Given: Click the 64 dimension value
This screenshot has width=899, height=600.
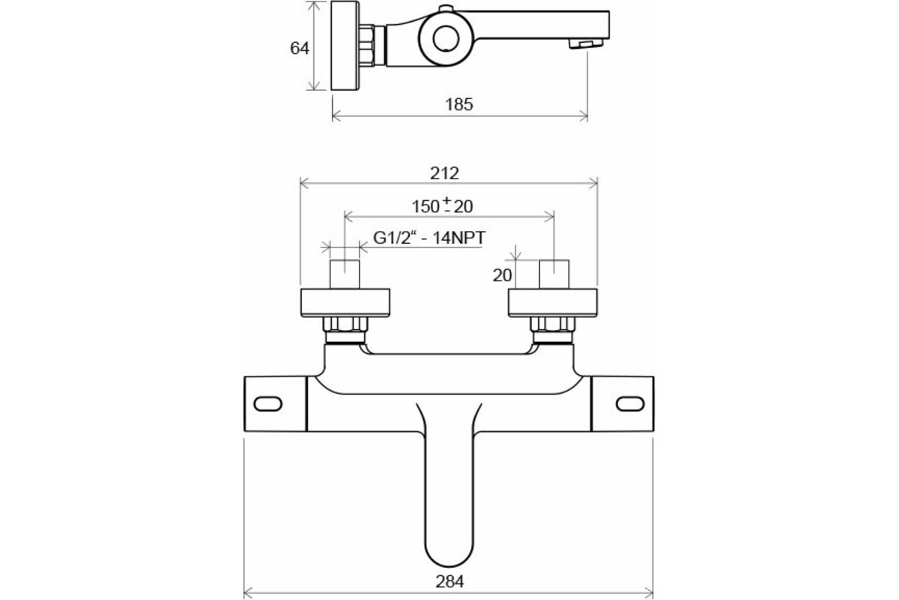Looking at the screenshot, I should tap(300, 48).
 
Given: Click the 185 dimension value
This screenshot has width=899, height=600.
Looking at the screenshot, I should tap(459, 104).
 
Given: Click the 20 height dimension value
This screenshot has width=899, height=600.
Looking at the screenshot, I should tap(502, 275).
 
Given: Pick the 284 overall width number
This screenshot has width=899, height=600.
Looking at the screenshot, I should tap(449, 580).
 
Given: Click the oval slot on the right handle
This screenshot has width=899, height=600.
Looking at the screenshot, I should tap(629, 404).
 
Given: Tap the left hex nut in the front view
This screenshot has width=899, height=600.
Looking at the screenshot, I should tap(344, 326).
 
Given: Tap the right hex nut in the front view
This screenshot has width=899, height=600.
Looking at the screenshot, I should tap(553, 326).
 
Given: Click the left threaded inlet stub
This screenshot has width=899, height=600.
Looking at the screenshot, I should tap(345, 272).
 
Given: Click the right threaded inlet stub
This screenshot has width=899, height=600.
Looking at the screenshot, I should tap(554, 272).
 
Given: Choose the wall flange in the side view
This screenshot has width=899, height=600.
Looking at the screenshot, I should tap(344, 46).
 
